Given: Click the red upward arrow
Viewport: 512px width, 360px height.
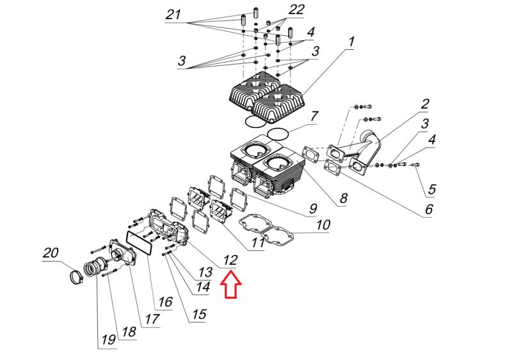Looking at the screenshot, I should click(231, 285).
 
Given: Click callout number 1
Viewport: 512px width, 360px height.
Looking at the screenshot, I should click(351, 42).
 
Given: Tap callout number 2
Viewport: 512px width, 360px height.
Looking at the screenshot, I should click(424, 104).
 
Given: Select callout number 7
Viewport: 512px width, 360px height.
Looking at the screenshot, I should click(314, 116).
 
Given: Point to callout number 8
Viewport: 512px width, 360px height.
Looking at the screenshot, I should click(343, 198).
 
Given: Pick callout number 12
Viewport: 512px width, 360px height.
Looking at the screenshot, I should click(230, 260).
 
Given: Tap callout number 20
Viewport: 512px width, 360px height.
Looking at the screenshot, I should click(51, 254).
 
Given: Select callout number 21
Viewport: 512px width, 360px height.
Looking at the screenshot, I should click(173, 15).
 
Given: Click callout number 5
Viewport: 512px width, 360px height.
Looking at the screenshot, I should click(431, 189).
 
